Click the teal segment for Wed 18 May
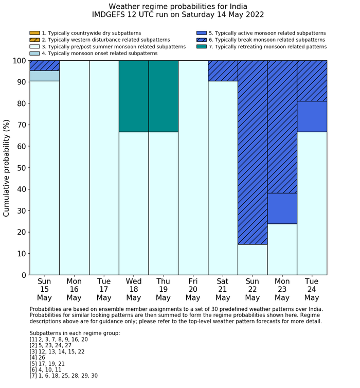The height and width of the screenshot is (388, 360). coord(134,96)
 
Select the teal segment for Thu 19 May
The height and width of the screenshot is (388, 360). coord(164,96)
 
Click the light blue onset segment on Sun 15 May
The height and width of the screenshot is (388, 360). coord(44,76)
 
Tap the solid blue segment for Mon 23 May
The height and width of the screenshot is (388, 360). coord(282,208)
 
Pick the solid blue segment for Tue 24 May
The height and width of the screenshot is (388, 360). coord(312,116)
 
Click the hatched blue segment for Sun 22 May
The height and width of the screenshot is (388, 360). coord(253,152)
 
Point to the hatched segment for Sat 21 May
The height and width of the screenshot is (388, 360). coord(223,70)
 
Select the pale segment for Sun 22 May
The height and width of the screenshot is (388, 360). coord(253,259)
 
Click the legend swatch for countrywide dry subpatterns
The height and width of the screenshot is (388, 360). coord(34,33)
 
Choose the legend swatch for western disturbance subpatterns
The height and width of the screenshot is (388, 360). coord(34,40)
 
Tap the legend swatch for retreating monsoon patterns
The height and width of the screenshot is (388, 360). coord(202,46)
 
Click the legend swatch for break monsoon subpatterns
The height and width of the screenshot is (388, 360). coord(202,40)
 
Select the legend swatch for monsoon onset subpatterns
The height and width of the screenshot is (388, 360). coord(34,53)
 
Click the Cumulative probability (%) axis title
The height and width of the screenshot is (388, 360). coord(7,168)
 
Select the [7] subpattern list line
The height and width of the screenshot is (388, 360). coord(64,376)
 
